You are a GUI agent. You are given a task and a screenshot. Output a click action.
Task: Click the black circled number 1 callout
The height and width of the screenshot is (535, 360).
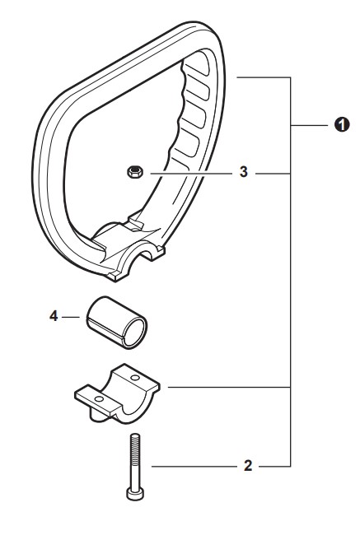click(342, 125)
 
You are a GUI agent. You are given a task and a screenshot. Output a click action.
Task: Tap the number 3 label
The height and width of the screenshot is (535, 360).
click(243, 172)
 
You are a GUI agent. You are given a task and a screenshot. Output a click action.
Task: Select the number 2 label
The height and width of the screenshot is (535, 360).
click(248, 466)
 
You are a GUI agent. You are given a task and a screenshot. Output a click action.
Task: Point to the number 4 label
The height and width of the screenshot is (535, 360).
click(54, 316)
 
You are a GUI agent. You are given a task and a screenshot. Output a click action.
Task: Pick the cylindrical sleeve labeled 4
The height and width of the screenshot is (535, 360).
click(116, 322)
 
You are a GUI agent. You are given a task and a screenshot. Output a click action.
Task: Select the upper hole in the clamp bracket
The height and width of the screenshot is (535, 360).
click(135, 378)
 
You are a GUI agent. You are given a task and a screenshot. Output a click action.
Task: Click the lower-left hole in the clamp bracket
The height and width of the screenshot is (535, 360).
click(99, 399)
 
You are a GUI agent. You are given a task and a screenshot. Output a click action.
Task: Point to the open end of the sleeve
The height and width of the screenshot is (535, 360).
click(135, 333)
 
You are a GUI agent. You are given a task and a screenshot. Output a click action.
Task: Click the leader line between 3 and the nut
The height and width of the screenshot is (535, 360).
click(191, 174)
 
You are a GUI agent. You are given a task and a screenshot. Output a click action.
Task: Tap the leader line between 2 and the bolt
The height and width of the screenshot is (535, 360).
click(194, 466)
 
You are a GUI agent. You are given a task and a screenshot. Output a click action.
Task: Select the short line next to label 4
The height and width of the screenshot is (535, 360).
click(71, 317)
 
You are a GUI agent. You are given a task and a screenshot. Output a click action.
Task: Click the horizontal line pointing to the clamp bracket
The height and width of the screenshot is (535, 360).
click(229, 388)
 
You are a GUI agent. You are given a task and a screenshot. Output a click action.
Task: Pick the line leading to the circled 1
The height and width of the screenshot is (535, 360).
click(308, 126)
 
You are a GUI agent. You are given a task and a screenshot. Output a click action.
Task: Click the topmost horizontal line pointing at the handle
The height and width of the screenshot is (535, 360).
click(264, 78)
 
